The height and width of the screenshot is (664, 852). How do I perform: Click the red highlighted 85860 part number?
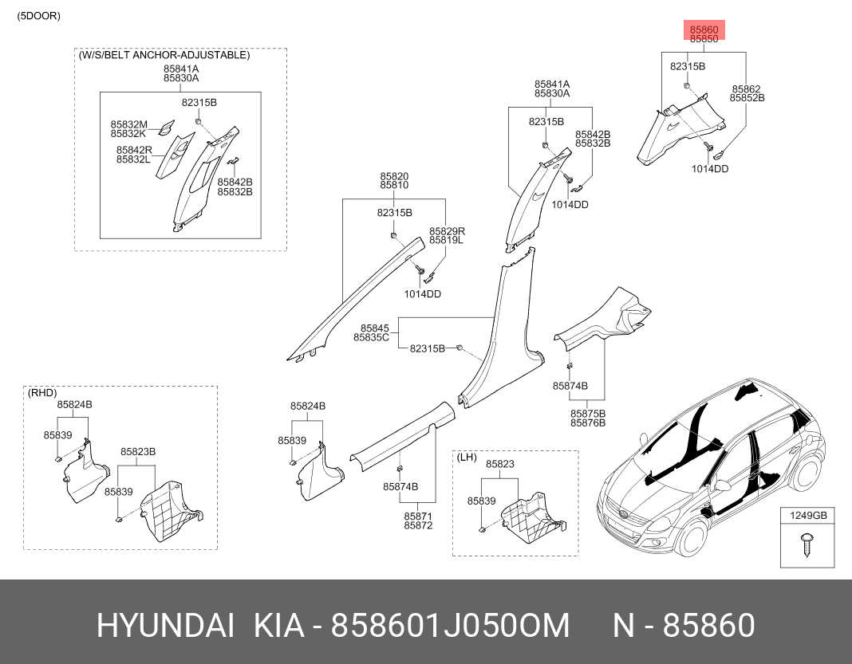pyautogui.click(x=704, y=29)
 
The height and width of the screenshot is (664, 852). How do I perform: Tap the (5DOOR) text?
pyautogui.click(x=38, y=16)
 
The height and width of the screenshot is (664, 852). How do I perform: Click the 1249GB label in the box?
pyautogui.click(x=808, y=515)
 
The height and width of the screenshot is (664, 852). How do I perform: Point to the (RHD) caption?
pyautogui.click(x=42, y=392)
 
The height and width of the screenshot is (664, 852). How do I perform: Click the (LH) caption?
pyautogui.click(x=467, y=457)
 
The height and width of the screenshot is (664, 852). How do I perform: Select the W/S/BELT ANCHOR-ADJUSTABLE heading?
pyautogui.click(x=164, y=55)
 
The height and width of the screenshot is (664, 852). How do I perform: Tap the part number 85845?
pyautogui.click(x=375, y=328)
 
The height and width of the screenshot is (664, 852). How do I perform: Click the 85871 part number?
pyautogui.click(x=418, y=517)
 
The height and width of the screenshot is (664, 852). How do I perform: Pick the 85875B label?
pyautogui.click(x=588, y=414)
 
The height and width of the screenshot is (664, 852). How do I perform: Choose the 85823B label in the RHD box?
pyautogui.click(x=138, y=452)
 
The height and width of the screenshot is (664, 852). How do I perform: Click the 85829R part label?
pyautogui.click(x=448, y=231)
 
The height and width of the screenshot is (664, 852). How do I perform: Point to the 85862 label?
pyautogui.click(x=746, y=89)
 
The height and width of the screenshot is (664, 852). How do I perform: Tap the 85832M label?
pyautogui.click(x=128, y=125)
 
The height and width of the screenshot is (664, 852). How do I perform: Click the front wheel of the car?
pyautogui.click(x=689, y=535)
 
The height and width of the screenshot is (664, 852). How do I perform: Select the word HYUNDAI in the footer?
pyautogui.click(x=165, y=626)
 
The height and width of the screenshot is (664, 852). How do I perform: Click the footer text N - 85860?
pyautogui.click(x=684, y=626)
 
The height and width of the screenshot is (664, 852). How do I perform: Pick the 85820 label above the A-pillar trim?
pyautogui.click(x=394, y=176)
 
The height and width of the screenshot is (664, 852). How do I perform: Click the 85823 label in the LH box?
pyautogui.click(x=500, y=464)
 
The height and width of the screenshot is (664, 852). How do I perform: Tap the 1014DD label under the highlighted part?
pyautogui.click(x=710, y=169)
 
